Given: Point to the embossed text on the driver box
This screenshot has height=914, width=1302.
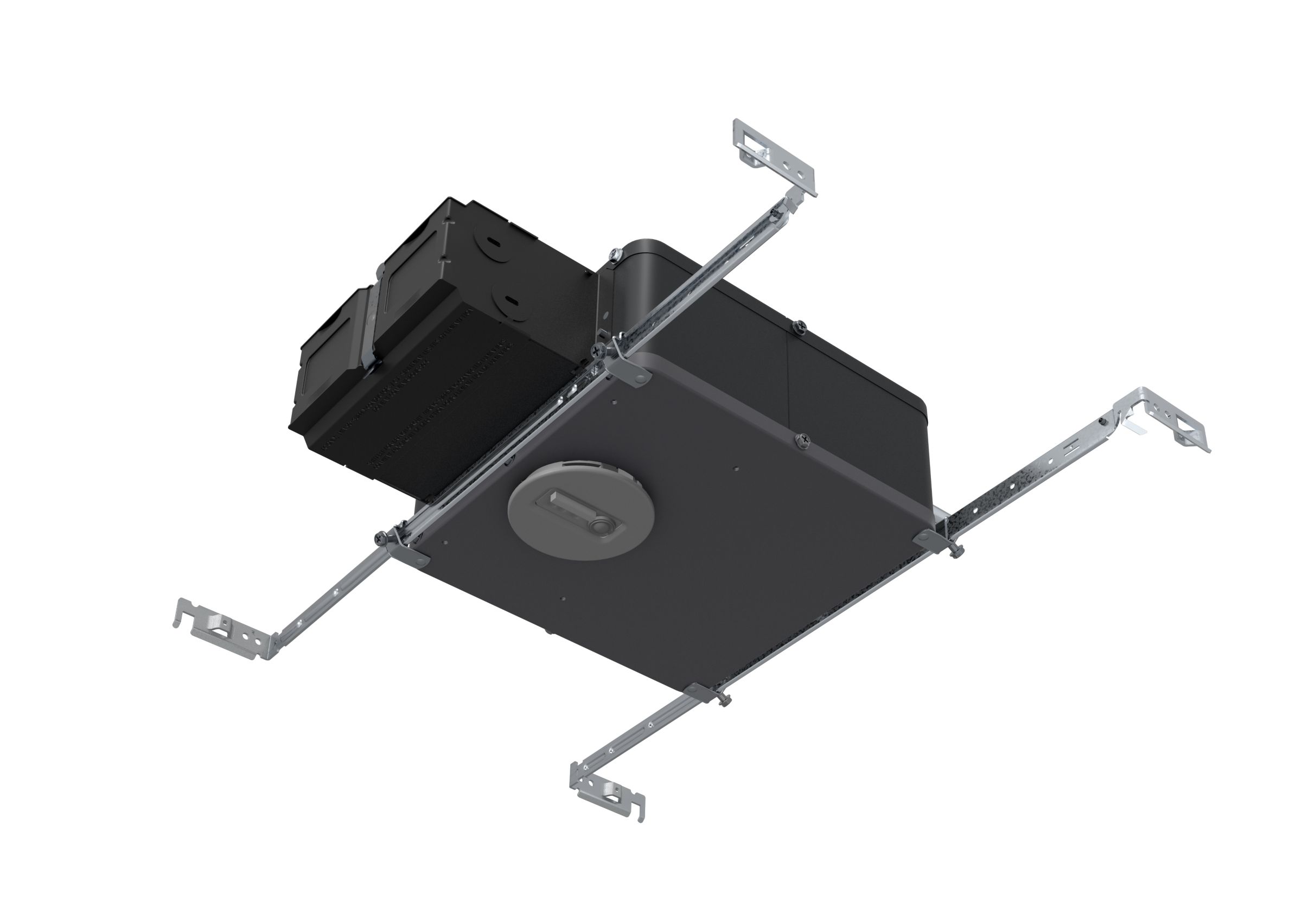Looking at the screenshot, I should [431, 397].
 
